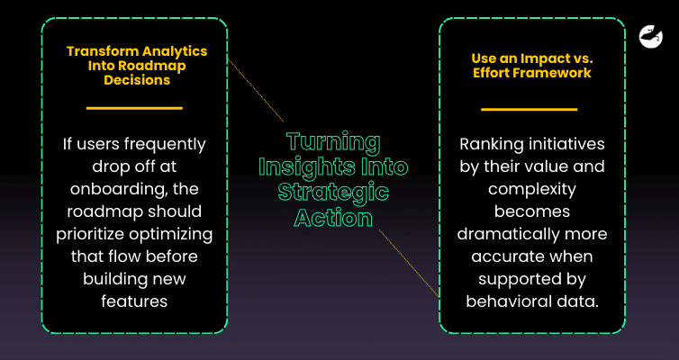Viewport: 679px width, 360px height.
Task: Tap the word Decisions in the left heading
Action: coord(134,79)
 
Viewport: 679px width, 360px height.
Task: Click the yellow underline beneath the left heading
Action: coord(134,108)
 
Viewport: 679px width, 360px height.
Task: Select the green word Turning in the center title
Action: coord(333,142)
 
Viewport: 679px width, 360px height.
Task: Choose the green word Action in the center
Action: coord(332,218)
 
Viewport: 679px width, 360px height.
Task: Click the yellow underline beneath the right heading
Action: coord(529,109)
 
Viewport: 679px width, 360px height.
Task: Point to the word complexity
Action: coord(531,191)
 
